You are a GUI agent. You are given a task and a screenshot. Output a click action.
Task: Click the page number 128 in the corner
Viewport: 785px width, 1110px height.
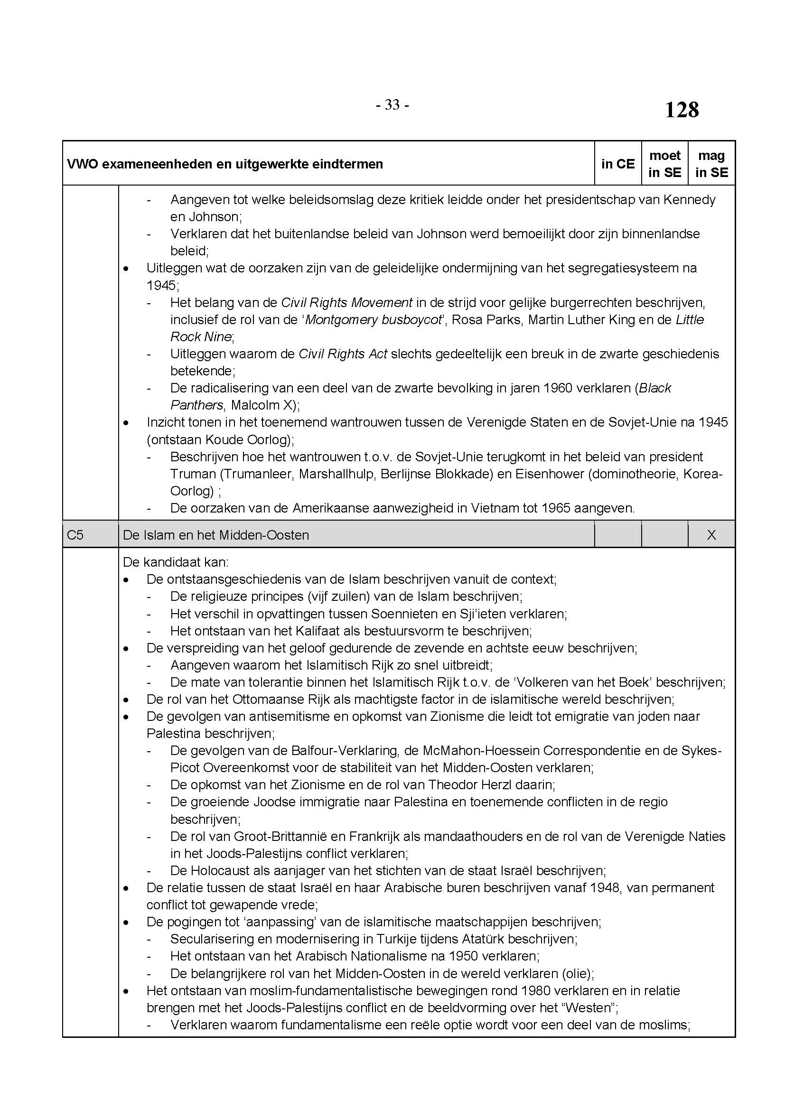682,110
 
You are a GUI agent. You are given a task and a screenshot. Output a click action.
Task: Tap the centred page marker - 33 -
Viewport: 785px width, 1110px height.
392,105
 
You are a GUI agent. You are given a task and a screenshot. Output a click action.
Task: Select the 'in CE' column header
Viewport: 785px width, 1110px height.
618,164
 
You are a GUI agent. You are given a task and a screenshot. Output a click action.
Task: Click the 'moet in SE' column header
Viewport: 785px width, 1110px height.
664,164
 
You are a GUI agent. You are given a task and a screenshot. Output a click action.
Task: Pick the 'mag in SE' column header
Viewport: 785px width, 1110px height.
711,164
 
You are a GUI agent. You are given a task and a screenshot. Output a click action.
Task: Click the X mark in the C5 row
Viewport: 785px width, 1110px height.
711,535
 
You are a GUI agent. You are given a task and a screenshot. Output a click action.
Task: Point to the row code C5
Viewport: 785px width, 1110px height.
75,535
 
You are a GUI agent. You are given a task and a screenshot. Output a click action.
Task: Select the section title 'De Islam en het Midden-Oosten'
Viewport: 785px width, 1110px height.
215,535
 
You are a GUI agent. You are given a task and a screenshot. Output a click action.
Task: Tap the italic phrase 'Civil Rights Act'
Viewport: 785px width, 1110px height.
343,354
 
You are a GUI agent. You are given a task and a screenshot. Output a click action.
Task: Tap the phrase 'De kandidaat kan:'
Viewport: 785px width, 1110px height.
176,562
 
